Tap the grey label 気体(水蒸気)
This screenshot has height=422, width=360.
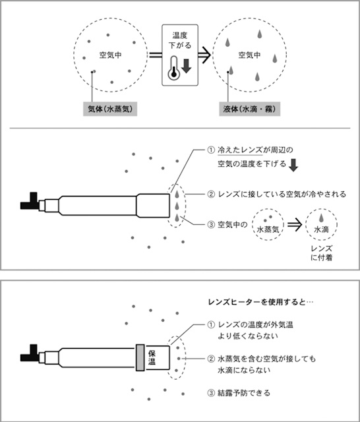tap(110, 109)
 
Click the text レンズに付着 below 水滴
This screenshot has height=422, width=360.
tap(321, 253)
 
